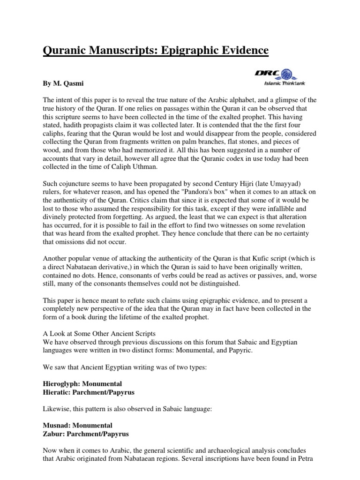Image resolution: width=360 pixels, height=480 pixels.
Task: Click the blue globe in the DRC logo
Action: tap(286, 74)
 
